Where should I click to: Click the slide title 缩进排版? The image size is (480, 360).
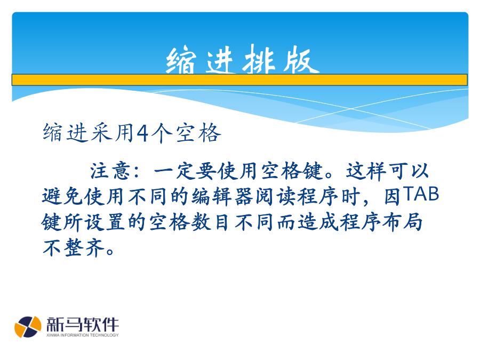coord(243,59)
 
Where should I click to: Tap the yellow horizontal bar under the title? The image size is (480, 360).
coord(239,80)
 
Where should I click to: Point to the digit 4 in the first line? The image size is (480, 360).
coord(143,133)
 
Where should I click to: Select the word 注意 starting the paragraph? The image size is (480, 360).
coord(110,171)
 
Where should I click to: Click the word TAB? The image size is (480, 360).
coord(421,194)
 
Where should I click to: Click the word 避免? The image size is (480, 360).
coord(63,196)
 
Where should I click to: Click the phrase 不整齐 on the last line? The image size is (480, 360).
coord(74,247)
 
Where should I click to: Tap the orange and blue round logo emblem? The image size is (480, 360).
coord(28,327)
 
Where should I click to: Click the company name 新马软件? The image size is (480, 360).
coord(83,324)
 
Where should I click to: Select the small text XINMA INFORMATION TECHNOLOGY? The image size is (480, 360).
coord(83,335)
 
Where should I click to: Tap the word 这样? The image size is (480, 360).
coord(366,171)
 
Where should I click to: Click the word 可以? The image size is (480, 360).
coord(409,171)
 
